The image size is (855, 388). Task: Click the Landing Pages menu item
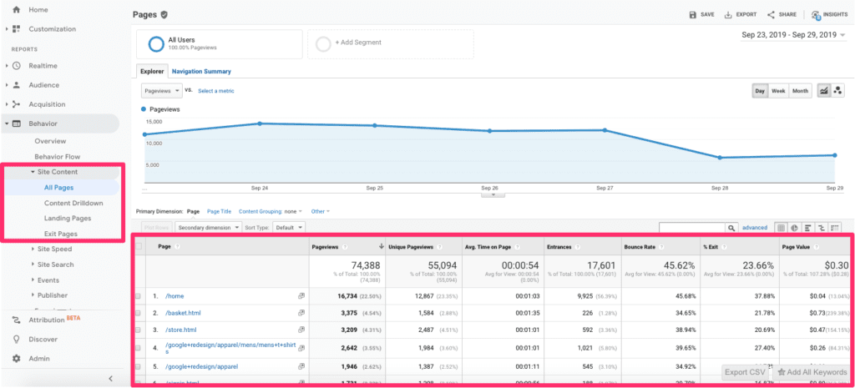(x=68, y=218)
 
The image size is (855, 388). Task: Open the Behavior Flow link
(x=57, y=156)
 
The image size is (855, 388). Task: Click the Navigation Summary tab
(x=201, y=72)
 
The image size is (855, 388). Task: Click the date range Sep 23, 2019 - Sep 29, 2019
(x=788, y=35)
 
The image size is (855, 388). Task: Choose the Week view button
(x=777, y=90)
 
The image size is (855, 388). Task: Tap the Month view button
(x=800, y=90)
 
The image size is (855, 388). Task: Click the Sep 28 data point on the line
(x=719, y=158)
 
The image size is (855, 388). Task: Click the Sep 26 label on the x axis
(x=489, y=188)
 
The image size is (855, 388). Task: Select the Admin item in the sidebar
(x=38, y=358)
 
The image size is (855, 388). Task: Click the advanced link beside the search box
(x=754, y=227)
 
